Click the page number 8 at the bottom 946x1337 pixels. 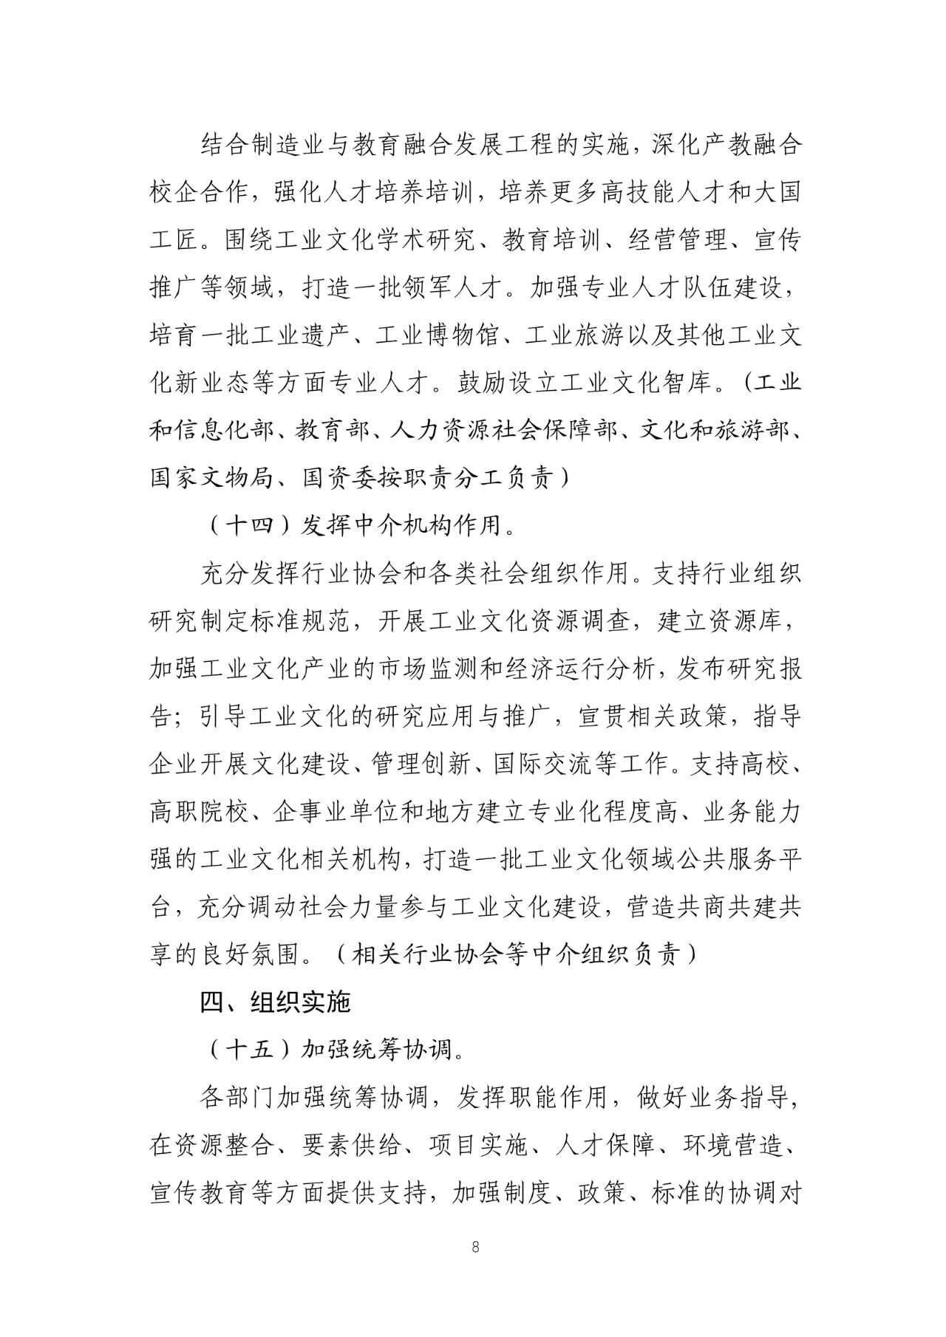tap(474, 1247)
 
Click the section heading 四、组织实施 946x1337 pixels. tap(275, 1002)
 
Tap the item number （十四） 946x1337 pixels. tap(248, 525)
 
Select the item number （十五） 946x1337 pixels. tap(248, 1050)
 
